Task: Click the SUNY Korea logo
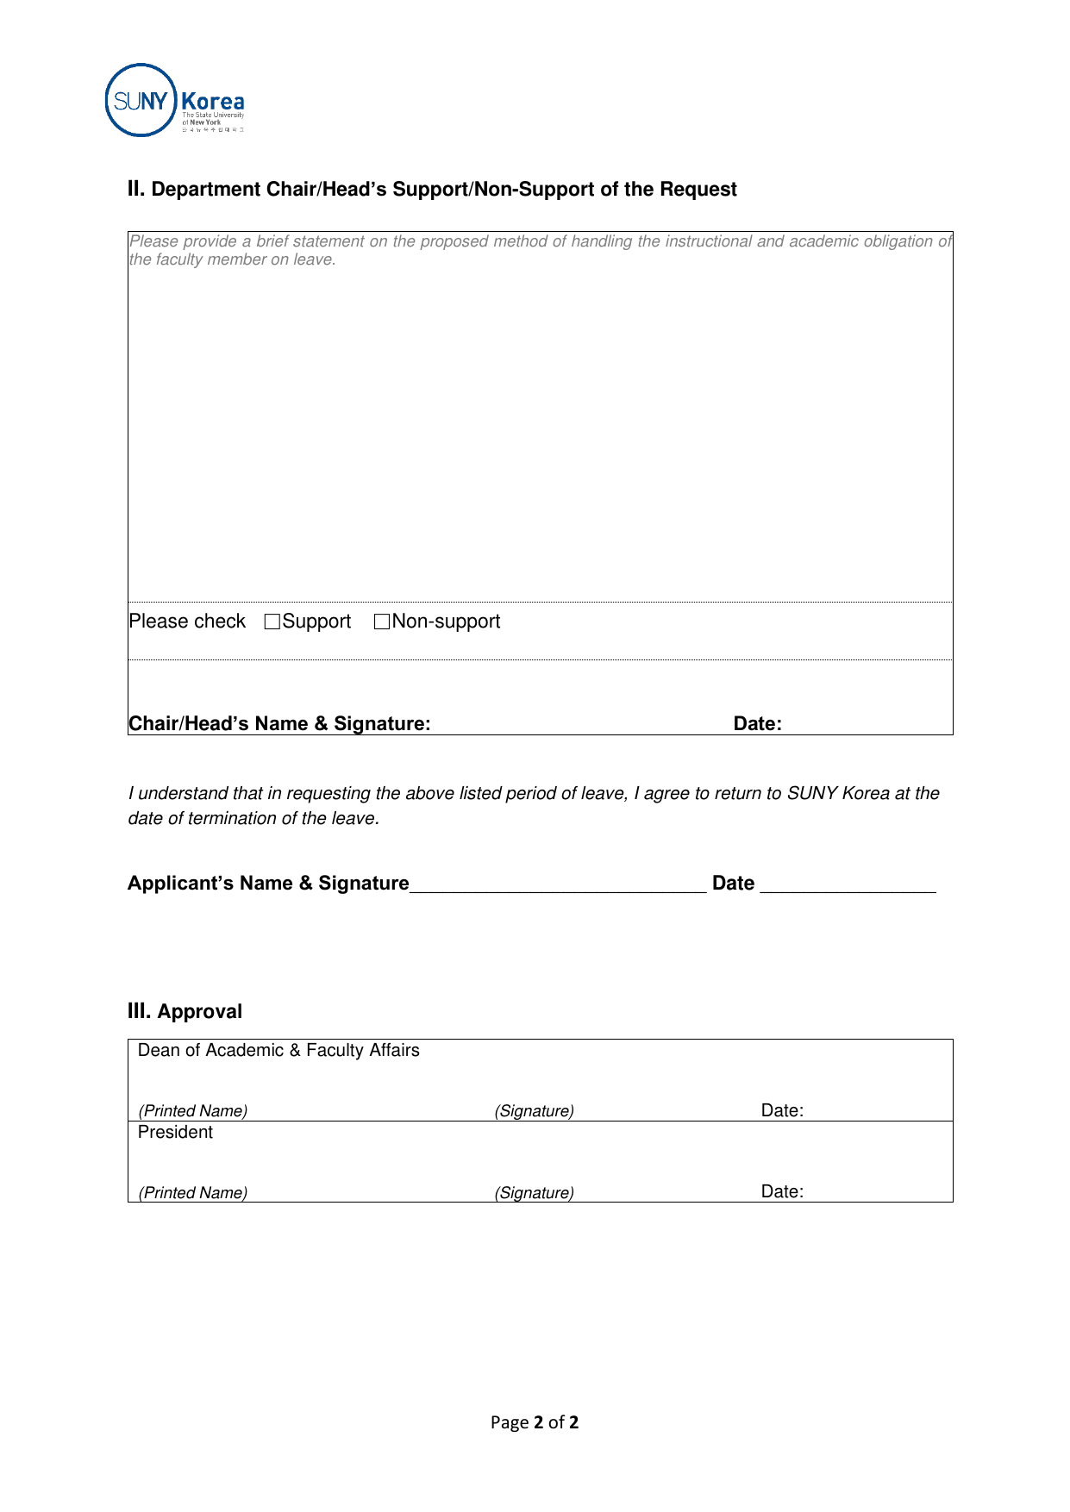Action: [174, 100]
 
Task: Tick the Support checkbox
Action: [272, 622]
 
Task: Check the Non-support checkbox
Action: [382, 622]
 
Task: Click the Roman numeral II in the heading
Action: [136, 189]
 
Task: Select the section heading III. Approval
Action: [185, 1011]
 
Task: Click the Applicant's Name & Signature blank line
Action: [558, 886]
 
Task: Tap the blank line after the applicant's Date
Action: [848, 886]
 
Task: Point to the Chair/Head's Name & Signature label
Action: [279, 724]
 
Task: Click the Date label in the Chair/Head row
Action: [757, 724]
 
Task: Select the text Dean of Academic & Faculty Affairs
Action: [278, 1050]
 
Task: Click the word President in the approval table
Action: [175, 1132]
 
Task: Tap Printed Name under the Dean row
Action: [193, 1111]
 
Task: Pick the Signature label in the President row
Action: [534, 1193]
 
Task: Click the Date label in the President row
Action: [782, 1191]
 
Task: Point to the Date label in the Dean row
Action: [782, 1110]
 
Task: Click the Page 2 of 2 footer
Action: [535, 1422]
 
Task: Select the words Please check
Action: [187, 622]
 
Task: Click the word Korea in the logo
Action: [213, 102]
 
